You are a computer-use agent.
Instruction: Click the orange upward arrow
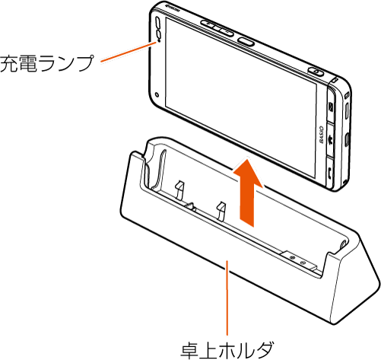(247, 193)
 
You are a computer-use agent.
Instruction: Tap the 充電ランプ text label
(46, 64)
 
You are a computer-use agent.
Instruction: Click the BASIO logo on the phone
(321, 135)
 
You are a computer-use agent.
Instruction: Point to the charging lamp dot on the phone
(159, 40)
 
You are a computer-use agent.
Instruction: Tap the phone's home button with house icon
(331, 139)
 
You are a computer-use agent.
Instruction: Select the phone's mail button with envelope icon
(331, 107)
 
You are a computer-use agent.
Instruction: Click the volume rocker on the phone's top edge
(217, 28)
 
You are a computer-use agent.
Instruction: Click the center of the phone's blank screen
(240, 98)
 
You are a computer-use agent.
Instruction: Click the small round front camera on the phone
(157, 94)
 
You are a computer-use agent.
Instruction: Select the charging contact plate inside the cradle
(298, 260)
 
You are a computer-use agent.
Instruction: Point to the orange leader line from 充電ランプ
(129, 52)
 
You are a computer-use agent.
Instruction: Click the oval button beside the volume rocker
(246, 41)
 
